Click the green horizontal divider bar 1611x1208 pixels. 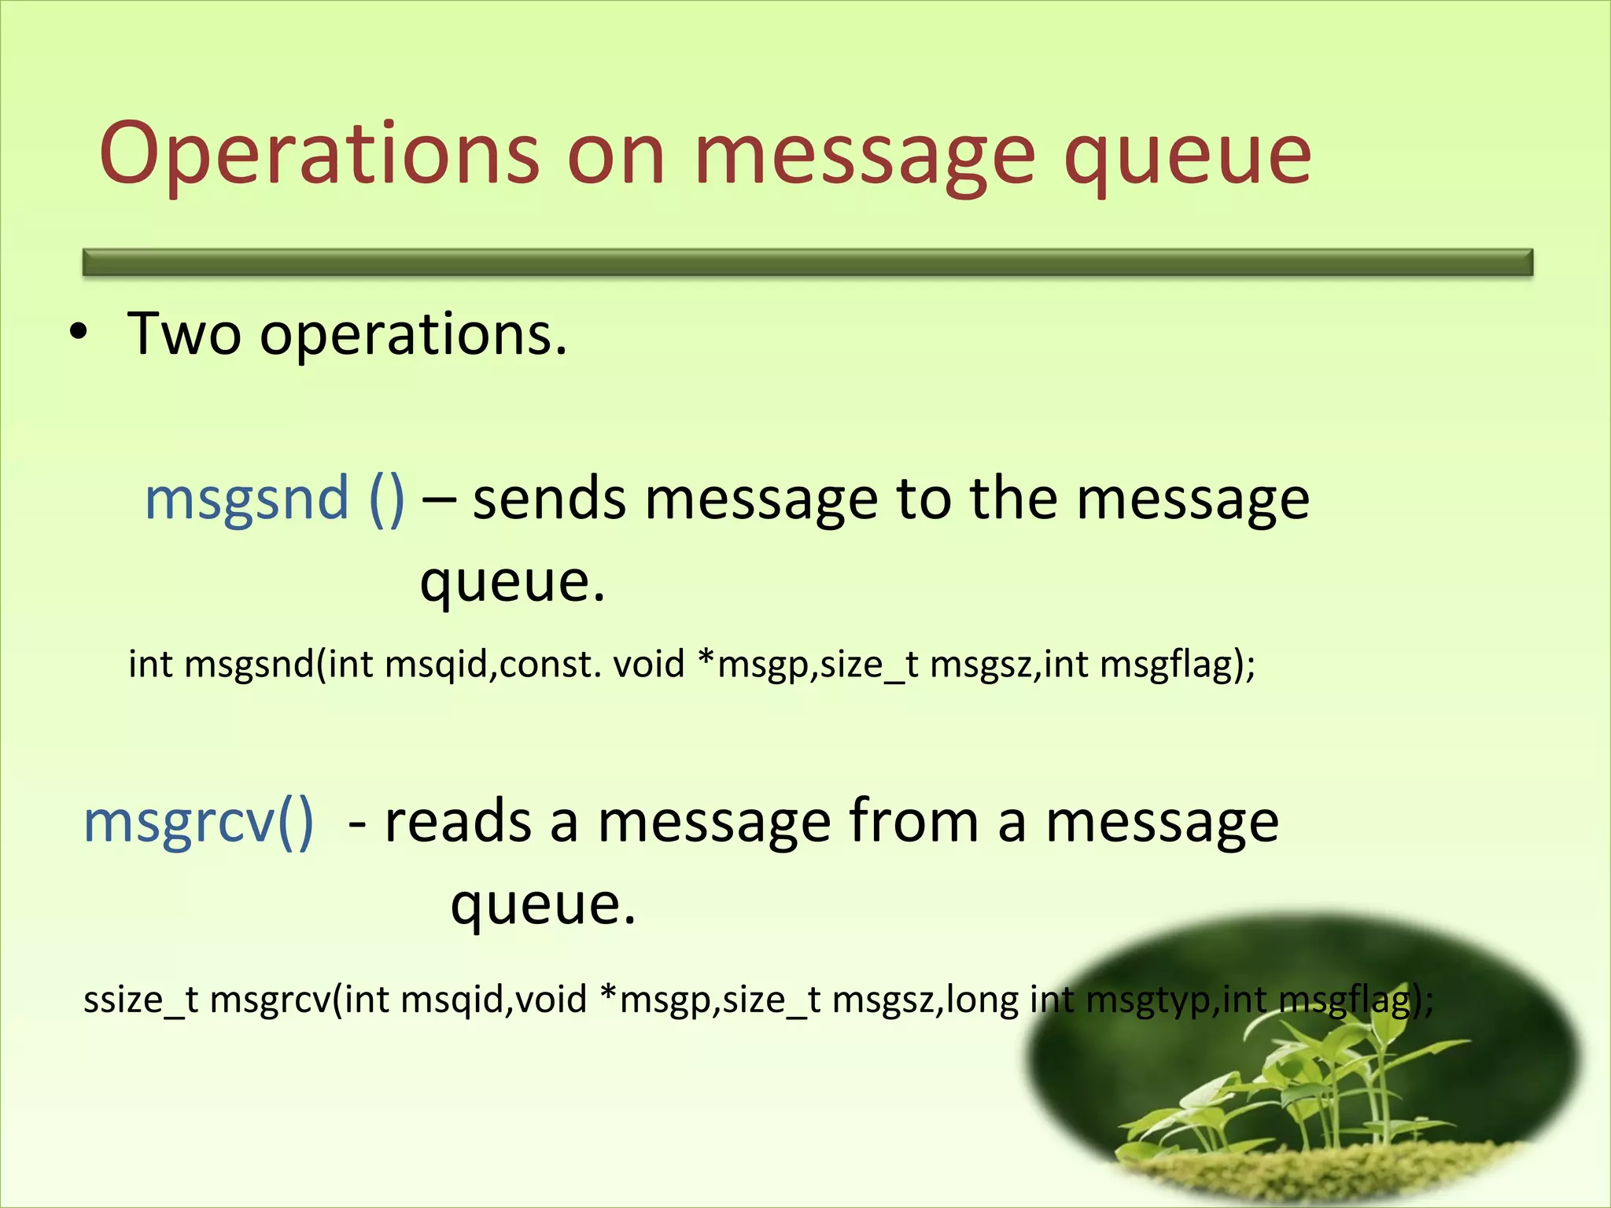pos(807,262)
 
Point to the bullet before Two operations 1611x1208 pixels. pos(78,333)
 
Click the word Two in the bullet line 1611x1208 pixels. pos(184,333)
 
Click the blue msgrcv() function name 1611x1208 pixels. pos(198,822)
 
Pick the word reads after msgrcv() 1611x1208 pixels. pos(457,822)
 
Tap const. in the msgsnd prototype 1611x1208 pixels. pos(550,665)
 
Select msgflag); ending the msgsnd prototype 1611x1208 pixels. pos(1177,665)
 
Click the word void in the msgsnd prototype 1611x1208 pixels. pos(648,665)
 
